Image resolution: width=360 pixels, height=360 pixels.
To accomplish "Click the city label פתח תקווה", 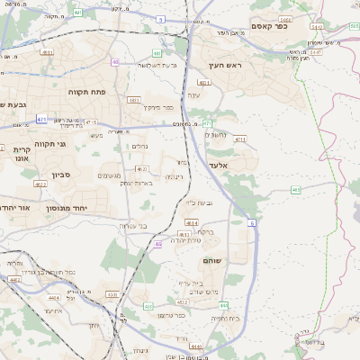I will click(88, 92).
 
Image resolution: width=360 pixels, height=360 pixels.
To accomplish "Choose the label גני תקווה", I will click(49, 144).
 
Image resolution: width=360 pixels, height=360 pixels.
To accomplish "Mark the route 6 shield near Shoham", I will click(253, 222).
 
